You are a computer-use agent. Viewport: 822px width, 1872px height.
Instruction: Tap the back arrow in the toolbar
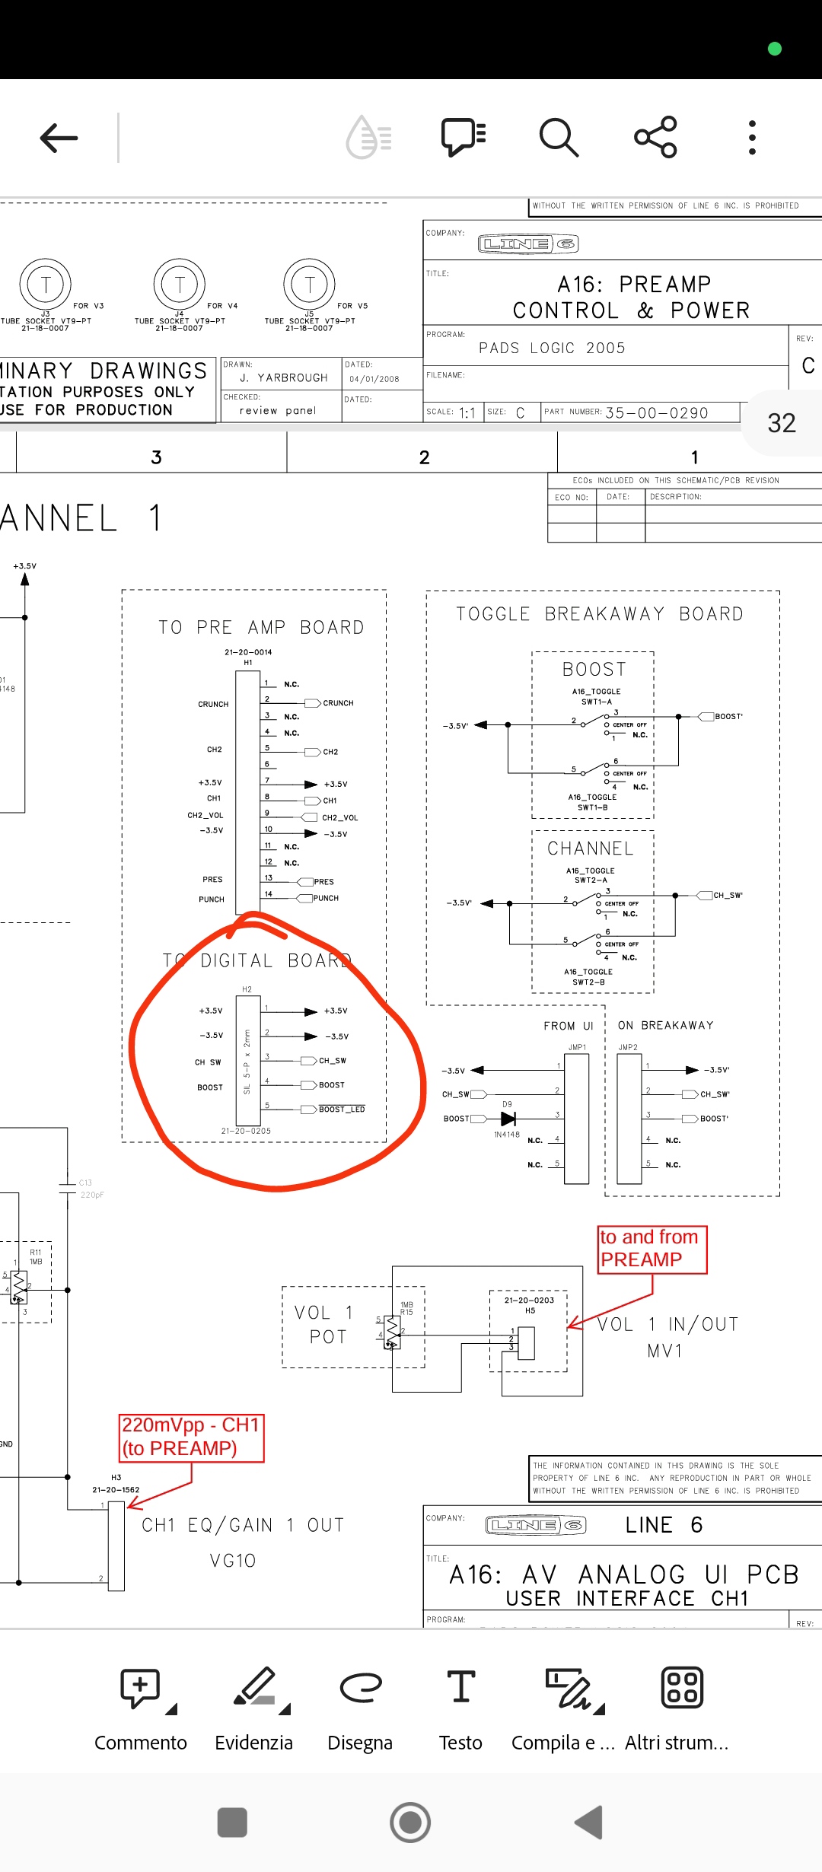point(59,138)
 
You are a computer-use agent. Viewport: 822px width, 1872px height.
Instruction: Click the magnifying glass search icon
point(559,138)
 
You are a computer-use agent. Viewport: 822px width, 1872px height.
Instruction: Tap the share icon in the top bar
point(655,137)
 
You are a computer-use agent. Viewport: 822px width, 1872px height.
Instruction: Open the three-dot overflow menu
point(752,138)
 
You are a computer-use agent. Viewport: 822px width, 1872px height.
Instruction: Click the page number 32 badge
point(782,423)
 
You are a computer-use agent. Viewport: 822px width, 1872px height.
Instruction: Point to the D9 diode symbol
point(508,1119)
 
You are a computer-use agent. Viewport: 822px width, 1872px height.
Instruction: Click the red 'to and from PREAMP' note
point(652,1249)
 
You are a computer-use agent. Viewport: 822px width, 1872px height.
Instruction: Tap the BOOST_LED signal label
point(342,1110)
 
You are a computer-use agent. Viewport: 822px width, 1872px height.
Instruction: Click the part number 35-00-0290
point(656,412)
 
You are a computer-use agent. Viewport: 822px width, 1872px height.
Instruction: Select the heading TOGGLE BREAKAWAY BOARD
point(600,614)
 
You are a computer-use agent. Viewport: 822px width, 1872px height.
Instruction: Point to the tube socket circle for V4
point(180,285)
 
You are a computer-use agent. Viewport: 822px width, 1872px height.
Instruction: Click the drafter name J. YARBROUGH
point(283,377)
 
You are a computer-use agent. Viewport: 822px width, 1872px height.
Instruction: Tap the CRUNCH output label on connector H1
point(338,703)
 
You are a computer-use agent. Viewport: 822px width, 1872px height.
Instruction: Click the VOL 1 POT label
point(324,1325)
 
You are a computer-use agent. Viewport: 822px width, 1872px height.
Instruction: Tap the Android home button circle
point(410,1823)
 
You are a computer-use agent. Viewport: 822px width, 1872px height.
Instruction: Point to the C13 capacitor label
point(85,1183)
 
